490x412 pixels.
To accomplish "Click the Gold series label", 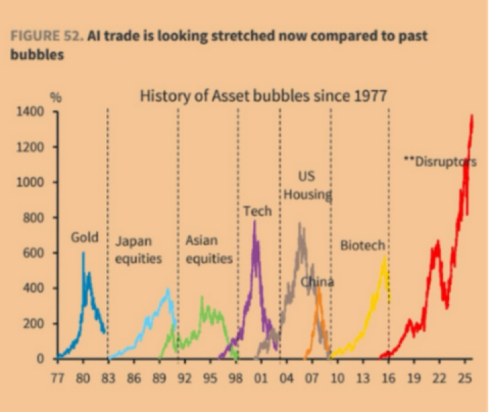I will pyautogui.click(x=85, y=238).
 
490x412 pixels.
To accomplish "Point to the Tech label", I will pyautogui.click(x=257, y=211).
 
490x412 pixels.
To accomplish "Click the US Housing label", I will pyautogui.click(x=307, y=185).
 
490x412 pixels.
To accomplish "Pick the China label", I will pyautogui.click(x=317, y=282).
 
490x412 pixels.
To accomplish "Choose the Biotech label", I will pyautogui.click(x=363, y=246).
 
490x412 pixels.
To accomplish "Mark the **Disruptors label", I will pyautogui.click(x=440, y=162).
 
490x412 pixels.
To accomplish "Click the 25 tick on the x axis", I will pyautogui.click(x=466, y=375).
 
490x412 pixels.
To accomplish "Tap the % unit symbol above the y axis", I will pyautogui.click(x=57, y=97).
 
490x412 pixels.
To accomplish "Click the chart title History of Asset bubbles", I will pyautogui.click(x=263, y=95).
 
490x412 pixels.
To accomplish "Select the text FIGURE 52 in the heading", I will pyautogui.click(x=45, y=35).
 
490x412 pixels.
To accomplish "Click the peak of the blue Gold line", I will pyautogui.click(x=83, y=253).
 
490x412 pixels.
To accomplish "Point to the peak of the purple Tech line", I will pyautogui.click(x=255, y=222).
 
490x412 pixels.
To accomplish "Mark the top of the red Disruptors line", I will pyautogui.click(x=472, y=115).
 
